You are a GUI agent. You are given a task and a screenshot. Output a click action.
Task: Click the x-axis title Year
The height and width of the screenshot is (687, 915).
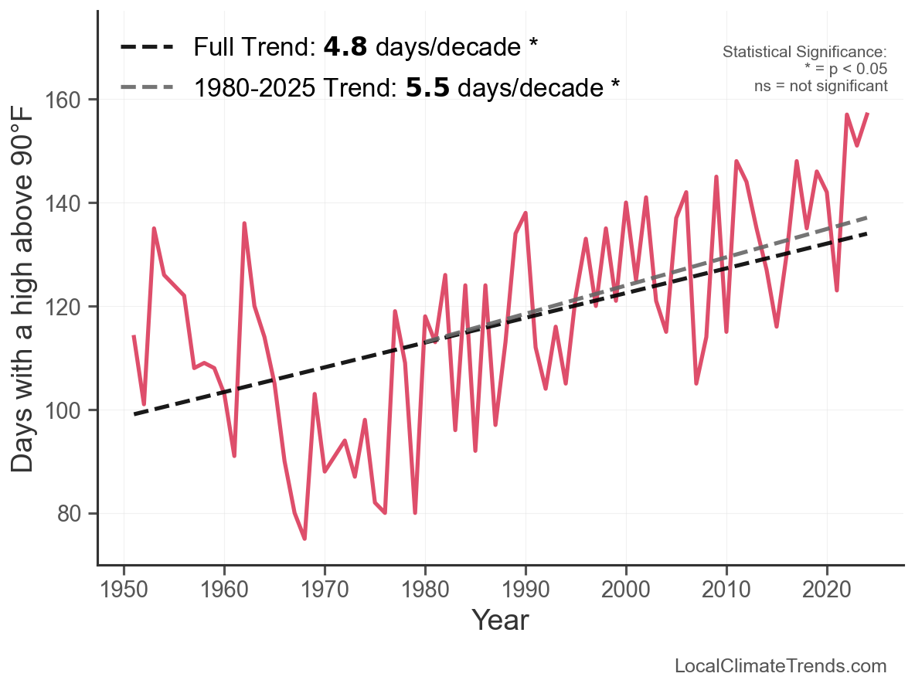[x=500, y=620]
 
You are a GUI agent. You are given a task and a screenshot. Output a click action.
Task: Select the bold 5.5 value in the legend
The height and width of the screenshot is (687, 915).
[x=427, y=87]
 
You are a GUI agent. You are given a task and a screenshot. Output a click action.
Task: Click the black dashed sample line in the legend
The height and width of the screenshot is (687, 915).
[x=147, y=48]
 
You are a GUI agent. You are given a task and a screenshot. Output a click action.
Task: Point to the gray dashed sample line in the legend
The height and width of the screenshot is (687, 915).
[x=147, y=87]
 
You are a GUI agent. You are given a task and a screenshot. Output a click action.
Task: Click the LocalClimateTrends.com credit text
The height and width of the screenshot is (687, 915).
[x=781, y=666]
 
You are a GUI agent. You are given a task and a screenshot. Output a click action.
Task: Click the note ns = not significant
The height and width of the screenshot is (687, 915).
[x=821, y=86]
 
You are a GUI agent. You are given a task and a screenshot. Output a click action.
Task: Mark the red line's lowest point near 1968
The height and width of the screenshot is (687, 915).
[x=304, y=539]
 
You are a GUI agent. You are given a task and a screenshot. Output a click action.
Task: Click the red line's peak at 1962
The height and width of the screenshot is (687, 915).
[x=244, y=223]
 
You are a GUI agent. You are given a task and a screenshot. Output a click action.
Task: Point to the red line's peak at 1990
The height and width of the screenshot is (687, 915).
[x=526, y=213]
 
